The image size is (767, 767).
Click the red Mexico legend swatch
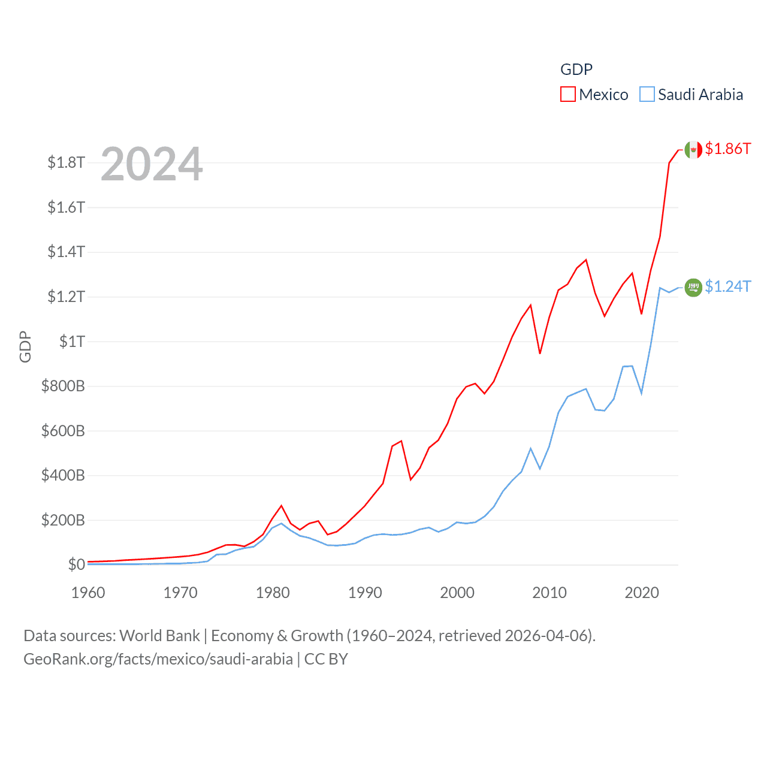567,94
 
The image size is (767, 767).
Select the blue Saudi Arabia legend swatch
647,94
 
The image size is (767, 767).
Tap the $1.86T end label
727,149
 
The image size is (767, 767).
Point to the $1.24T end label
727,286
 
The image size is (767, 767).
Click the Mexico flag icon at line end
693,150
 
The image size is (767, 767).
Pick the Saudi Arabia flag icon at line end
693,288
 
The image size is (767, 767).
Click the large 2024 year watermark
152,164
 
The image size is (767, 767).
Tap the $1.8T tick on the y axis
67,162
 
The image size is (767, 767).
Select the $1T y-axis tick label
73,342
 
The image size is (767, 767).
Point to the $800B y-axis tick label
63,386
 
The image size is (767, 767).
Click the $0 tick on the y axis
77,564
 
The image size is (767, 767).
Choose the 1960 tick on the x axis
88,593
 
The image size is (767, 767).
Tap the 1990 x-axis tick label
365,593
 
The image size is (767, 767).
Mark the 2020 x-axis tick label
642,593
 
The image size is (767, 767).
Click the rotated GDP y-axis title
25,346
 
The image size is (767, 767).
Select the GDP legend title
576,70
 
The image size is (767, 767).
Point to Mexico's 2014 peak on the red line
586,260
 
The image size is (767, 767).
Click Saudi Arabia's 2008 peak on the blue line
531,448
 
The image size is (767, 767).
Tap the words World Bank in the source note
160,635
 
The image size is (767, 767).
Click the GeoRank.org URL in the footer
158,659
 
